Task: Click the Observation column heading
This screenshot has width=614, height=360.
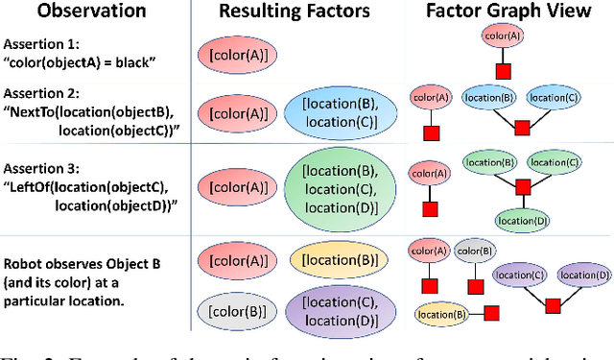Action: pos(75,12)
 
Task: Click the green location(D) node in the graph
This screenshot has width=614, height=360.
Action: pos(523,220)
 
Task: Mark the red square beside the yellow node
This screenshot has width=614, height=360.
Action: pos(491,313)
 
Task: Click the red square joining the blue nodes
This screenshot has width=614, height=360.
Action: pos(523,127)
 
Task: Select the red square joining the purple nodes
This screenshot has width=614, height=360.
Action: pos(554,305)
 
